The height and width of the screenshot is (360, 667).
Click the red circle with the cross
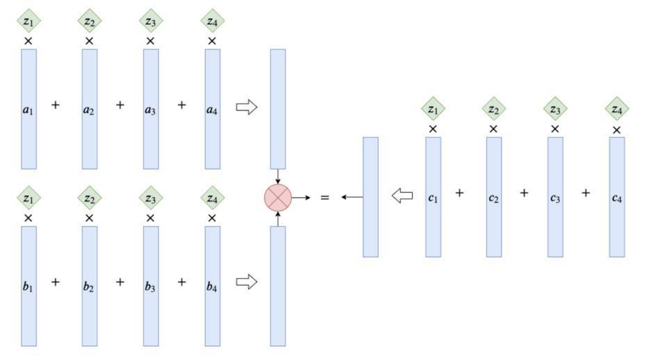point(278,197)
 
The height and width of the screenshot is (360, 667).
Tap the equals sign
point(324,197)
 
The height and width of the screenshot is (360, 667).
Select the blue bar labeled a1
point(28,109)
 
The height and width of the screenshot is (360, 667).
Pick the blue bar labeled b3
point(151,286)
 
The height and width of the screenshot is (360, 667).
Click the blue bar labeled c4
point(617,197)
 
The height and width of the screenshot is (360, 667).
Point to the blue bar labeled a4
point(213,109)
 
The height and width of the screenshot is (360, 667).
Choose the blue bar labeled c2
point(494,197)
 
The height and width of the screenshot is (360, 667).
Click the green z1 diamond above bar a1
point(28,21)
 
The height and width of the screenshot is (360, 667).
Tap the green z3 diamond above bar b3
point(151,198)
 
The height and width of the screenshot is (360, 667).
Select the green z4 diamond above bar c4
point(617,109)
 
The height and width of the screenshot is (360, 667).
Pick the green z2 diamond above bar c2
point(494,109)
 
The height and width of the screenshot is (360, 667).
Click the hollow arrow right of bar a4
point(247,107)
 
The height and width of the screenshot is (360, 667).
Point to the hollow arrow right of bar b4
point(247,281)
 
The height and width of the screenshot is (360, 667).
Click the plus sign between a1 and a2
point(56,105)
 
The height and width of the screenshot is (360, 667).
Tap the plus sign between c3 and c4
point(586,193)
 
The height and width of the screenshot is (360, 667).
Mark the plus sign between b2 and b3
point(120,281)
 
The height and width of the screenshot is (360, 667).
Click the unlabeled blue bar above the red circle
point(278,109)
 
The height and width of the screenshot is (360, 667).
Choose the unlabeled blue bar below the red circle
point(278,286)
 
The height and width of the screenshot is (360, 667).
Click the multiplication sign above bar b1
point(28,218)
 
